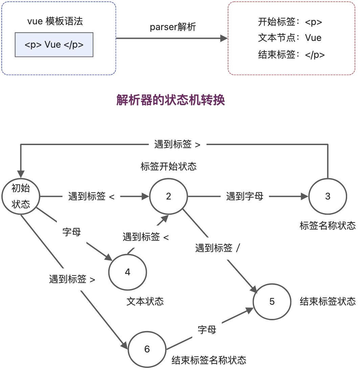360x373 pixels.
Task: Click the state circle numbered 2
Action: click(x=168, y=196)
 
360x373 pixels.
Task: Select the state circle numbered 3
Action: click(x=328, y=196)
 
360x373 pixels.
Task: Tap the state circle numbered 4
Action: click(x=128, y=272)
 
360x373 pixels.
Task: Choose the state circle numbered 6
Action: click(x=147, y=349)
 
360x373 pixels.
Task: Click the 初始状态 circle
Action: click(x=21, y=196)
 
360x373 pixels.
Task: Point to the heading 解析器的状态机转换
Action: click(x=171, y=100)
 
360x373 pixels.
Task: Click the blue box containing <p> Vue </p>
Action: click(x=54, y=45)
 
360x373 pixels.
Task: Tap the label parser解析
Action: click(x=173, y=27)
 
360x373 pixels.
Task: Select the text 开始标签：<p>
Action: click(x=290, y=22)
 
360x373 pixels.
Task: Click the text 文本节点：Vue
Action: click(x=290, y=38)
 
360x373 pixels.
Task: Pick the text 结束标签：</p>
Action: click(x=291, y=55)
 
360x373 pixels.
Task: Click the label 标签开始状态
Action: click(x=168, y=167)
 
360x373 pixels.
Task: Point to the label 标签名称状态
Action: click(x=328, y=226)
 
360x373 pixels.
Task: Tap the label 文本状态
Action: click(x=145, y=301)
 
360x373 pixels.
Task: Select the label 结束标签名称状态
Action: click(x=209, y=360)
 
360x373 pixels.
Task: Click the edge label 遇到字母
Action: click(x=245, y=196)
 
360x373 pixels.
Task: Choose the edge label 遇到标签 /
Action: click(x=218, y=248)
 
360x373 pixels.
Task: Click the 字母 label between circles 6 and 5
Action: click(x=207, y=330)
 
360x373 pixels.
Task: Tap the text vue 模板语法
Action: click(x=55, y=22)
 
